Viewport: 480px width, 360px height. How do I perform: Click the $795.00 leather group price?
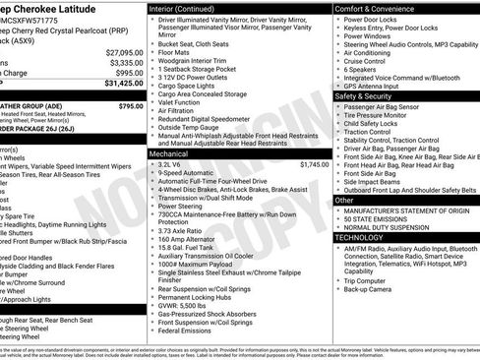(130, 105)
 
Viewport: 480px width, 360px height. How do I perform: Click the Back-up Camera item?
(371, 290)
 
